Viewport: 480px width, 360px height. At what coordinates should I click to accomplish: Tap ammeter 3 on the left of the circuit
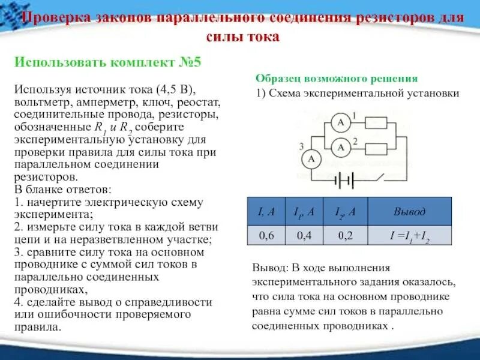click(x=311, y=158)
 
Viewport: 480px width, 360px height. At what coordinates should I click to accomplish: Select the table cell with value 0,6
click(x=266, y=235)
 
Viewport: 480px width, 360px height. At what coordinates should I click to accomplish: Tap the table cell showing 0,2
click(x=345, y=235)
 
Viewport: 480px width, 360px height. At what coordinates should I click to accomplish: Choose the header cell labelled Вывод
click(x=409, y=211)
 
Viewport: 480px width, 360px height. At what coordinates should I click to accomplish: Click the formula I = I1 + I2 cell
click(x=409, y=236)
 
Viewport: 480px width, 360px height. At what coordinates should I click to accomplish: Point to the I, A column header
click(x=266, y=211)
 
